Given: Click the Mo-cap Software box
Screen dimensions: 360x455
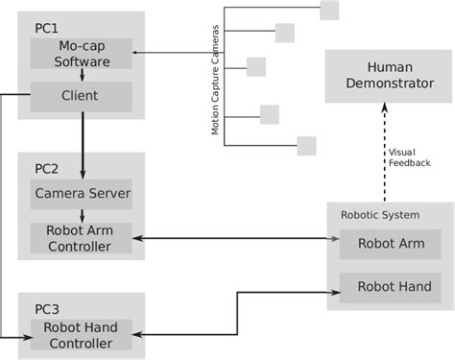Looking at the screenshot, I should [x=82, y=53].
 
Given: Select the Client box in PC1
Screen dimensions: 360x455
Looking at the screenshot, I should [x=82, y=96].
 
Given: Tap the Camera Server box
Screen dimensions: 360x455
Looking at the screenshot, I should [x=82, y=194].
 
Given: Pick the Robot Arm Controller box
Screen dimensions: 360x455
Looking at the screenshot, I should [x=82, y=238].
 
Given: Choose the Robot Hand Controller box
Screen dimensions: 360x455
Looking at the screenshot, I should [x=82, y=334].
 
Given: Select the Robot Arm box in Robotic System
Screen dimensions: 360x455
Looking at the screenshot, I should [x=391, y=243].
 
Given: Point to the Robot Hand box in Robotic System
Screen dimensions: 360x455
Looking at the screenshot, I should [x=391, y=286].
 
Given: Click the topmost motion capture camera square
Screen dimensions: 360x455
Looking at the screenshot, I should [x=329, y=10].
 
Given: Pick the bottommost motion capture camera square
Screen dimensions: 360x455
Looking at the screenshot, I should [x=306, y=146].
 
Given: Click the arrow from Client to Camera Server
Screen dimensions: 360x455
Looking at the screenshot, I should [x=82, y=144].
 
